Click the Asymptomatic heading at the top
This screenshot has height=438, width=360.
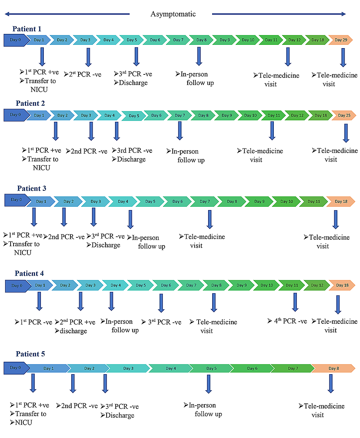pos(173,14)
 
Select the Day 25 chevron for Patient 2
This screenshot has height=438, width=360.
pos(344,115)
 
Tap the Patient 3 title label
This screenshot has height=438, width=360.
pos(31,189)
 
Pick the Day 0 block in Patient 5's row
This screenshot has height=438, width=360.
pos(16,368)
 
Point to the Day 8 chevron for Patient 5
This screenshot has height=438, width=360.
pos(333,368)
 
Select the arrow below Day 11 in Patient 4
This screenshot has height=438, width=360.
pos(295,302)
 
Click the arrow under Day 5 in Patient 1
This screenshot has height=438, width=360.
pos(137,57)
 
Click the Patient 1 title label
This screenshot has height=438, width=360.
pos(27,29)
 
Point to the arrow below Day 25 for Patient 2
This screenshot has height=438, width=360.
pos(346,133)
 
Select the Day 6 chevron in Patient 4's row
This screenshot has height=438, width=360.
pos(165,285)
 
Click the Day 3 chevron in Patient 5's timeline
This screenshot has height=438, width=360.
pos(128,368)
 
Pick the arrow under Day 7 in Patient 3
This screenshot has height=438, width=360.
pos(210,219)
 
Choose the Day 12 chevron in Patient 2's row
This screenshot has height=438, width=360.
pos(297,115)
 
